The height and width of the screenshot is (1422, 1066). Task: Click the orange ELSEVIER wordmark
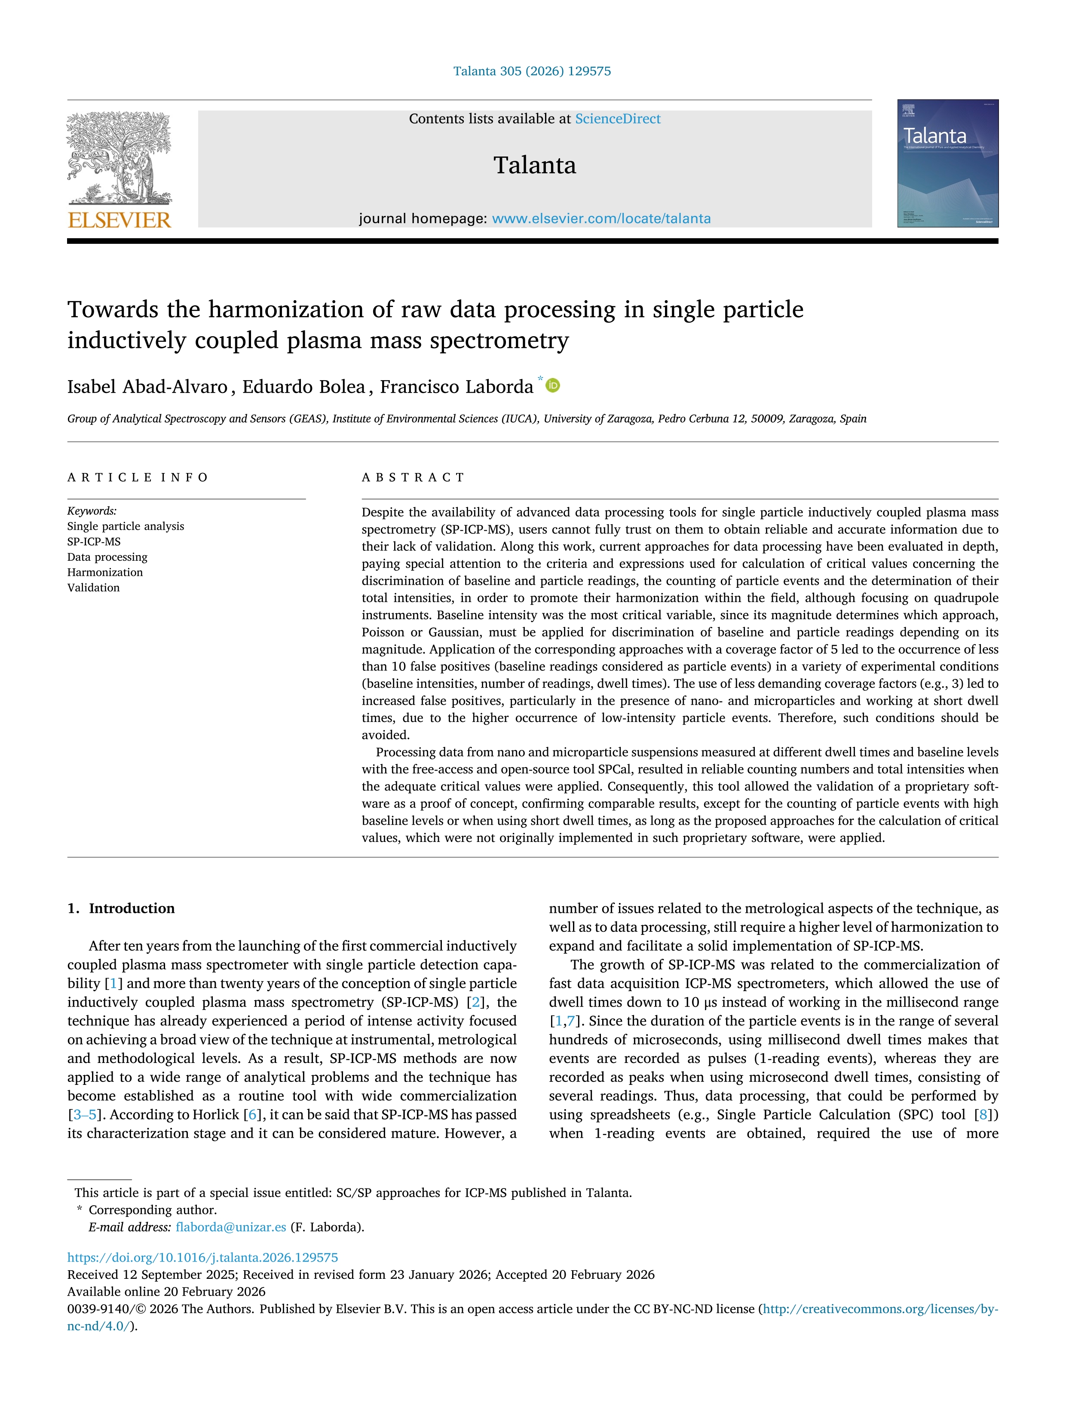coord(119,221)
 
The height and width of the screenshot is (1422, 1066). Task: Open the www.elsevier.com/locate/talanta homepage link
coord(601,218)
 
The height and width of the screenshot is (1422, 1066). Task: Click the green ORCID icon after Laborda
coord(553,386)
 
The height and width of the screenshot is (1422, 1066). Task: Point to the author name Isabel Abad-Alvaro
coord(147,387)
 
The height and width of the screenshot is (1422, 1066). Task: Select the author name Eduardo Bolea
coord(303,387)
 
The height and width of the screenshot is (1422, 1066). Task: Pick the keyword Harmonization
coord(105,572)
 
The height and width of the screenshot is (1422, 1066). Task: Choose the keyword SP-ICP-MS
coord(94,542)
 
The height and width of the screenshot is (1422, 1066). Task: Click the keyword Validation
coord(93,587)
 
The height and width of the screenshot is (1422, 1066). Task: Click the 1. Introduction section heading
coord(122,908)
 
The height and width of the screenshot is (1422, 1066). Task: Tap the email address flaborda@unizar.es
coord(231,1227)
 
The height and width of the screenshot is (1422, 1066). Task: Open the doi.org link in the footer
coord(202,1257)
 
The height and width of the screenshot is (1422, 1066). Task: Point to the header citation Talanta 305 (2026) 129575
coord(532,71)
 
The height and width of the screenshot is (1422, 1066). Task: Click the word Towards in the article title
coord(113,310)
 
